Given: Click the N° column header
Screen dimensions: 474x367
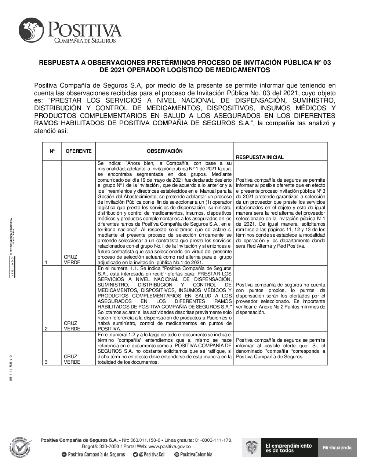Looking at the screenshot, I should pos(52,151).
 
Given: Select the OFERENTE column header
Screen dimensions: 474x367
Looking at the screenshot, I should pos(78,151).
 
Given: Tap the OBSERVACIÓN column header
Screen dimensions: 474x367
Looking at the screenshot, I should pos(164,151).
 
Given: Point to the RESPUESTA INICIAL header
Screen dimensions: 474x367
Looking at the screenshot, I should pos(259,157).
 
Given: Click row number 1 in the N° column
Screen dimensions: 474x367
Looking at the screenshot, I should pos(46,262).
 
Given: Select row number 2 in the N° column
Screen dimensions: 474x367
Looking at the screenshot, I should pos(46,329).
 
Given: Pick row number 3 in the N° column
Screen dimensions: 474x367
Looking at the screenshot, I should pos(46,362).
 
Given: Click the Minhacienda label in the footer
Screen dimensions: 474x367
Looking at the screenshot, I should pos(337,447).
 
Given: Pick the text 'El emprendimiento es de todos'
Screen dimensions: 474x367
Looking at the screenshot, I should pos(288,448).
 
